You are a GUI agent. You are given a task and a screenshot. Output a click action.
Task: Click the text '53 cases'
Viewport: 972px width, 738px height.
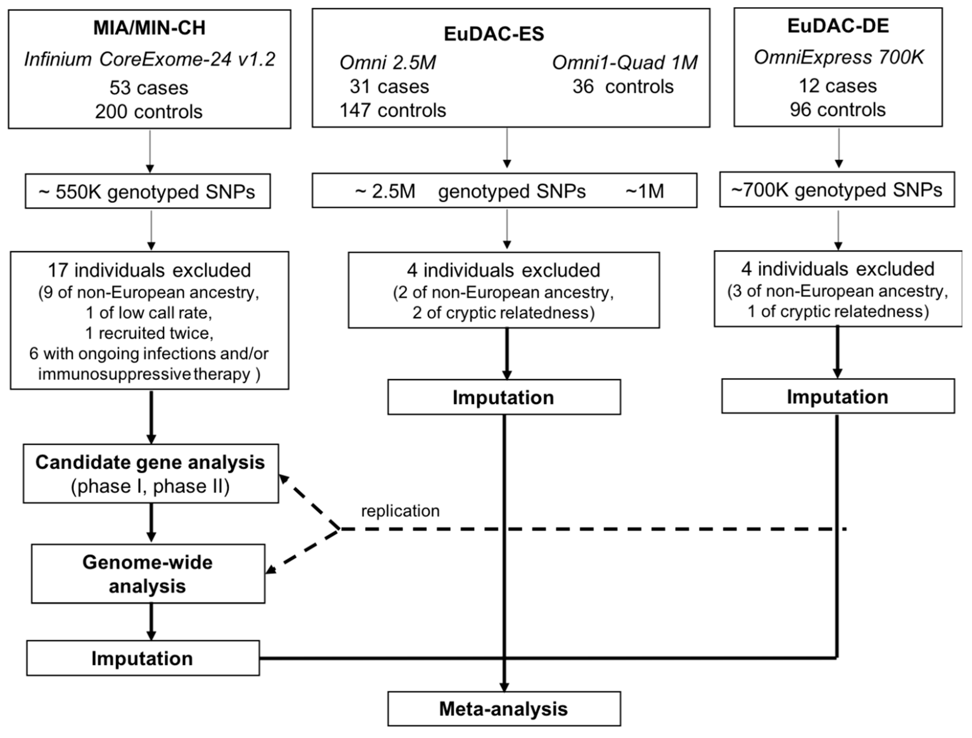(x=149, y=88)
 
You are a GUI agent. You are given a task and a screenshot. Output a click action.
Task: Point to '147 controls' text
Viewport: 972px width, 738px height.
(x=393, y=110)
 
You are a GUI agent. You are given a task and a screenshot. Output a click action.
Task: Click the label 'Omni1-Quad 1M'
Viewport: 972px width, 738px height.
(x=624, y=63)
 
